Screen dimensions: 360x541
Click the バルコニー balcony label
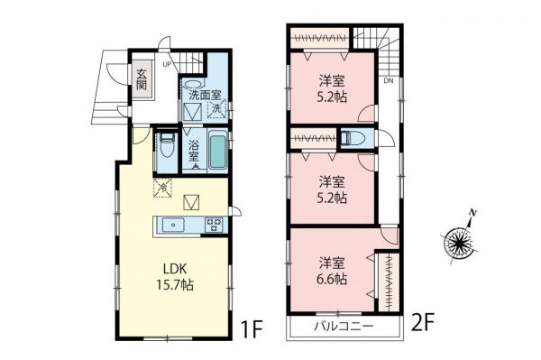click(344, 326)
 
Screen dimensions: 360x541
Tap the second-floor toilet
click(353, 139)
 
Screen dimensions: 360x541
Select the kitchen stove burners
click(215, 225)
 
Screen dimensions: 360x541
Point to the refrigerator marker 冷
click(163, 189)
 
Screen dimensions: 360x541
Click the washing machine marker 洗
click(216, 110)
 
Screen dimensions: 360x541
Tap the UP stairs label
click(168, 65)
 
